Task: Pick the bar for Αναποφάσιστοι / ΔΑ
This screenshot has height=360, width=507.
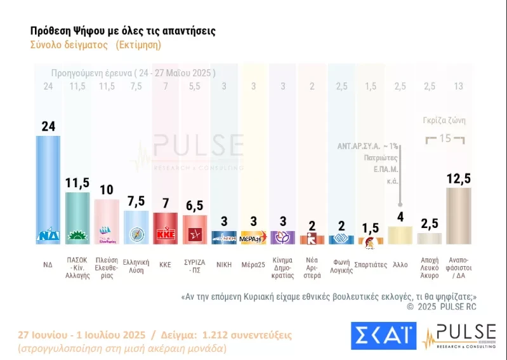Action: tap(459, 216)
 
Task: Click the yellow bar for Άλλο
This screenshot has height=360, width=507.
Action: tap(400, 236)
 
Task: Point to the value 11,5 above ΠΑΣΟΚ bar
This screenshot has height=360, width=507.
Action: tap(78, 183)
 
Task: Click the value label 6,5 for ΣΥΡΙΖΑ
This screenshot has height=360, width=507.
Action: tap(195, 206)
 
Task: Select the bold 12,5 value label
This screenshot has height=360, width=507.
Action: tap(459, 179)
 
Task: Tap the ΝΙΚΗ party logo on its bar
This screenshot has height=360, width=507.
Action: tap(224, 239)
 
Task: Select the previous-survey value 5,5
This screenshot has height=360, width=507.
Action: tap(195, 86)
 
